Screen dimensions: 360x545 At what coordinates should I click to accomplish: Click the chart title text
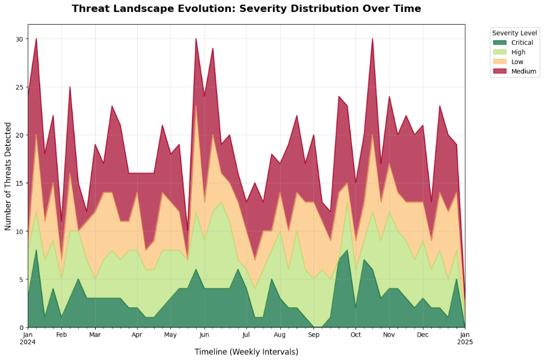coord(246,9)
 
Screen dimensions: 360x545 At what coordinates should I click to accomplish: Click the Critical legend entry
coord(521,43)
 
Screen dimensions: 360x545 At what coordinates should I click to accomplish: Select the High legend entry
coord(517,52)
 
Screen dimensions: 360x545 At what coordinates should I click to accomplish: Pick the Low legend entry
coord(517,62)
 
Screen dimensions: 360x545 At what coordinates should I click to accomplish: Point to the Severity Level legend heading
coord(514,32)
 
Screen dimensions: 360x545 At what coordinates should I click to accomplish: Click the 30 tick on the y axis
coord(19,39)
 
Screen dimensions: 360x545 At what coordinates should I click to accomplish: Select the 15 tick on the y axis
coord(19,183)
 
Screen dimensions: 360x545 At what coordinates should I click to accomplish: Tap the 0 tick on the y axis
coord(21,328)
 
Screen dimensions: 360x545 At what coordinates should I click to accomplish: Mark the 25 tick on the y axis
coord(19,87)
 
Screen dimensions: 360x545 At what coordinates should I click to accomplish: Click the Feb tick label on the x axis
coord(61,334)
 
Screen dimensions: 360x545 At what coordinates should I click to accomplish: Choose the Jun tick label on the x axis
coord(204,334)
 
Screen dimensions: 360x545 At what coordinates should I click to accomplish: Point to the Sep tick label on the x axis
coord(313,334)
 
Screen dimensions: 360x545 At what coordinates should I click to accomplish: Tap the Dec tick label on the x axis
coord(422,334)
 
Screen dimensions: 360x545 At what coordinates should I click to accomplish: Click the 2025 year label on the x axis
coord(464,342)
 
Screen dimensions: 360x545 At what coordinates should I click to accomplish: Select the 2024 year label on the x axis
coord(28,342)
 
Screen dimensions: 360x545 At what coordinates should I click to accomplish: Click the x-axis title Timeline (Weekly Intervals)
coord(246,352)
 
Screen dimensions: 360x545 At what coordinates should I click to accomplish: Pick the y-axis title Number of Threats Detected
coord(8,175)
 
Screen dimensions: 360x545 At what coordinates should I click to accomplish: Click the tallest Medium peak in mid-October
coord(372,40)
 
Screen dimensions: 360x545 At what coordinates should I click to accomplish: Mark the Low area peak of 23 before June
coord(196,106)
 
